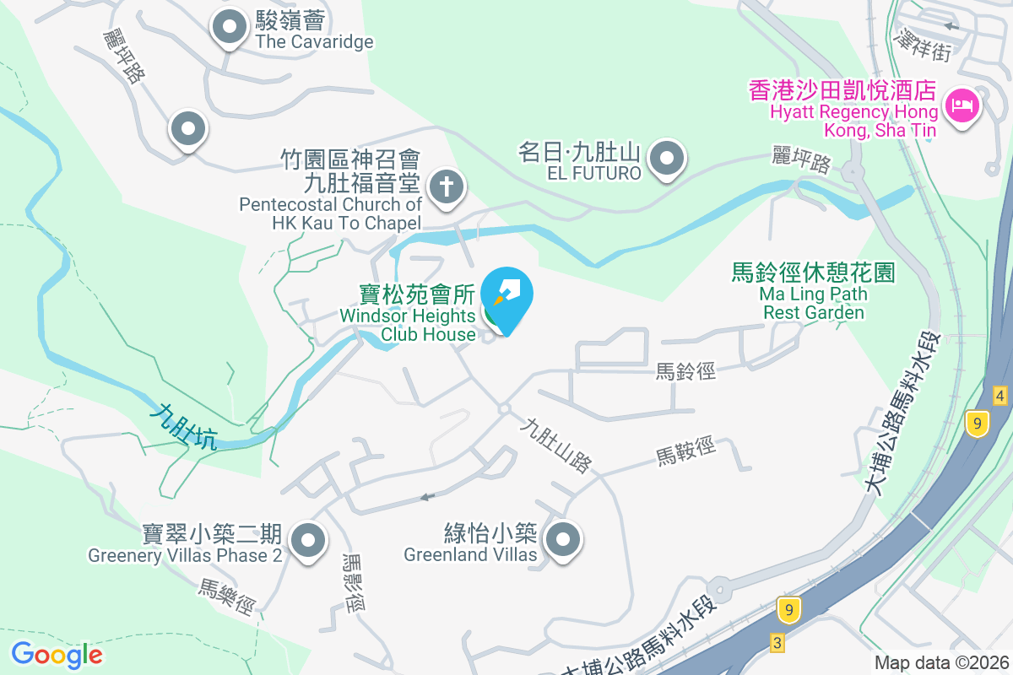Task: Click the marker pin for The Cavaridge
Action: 229,28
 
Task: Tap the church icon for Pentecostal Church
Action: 447,187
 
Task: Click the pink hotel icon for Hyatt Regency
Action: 961,106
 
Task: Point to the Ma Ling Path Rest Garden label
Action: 813,292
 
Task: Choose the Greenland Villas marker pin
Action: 563,538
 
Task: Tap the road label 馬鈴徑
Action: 685,370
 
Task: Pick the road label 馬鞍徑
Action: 685,451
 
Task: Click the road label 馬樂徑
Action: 227,596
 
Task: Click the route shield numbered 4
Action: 999,395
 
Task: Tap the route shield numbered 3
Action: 777,643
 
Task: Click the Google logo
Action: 57,655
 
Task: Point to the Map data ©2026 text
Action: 940,663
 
